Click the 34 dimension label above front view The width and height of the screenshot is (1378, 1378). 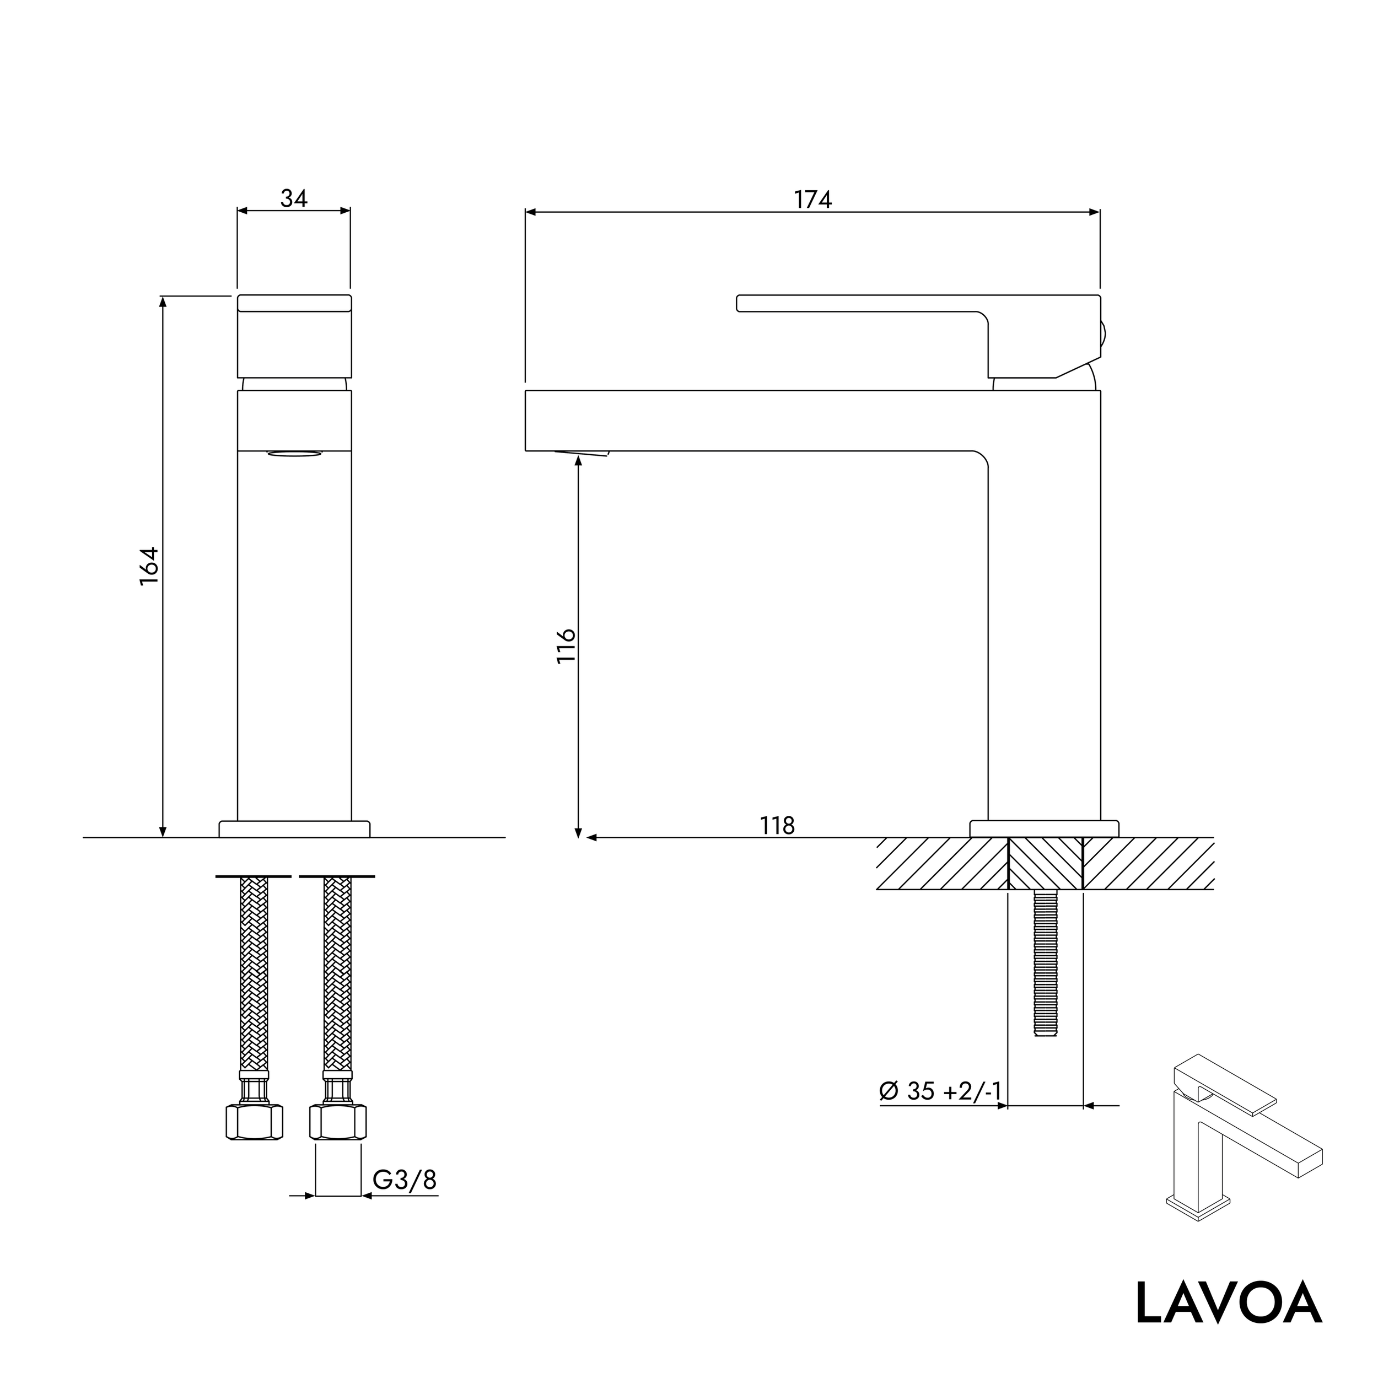click(x=294, y=198)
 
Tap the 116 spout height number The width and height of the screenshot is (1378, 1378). click(x=566, y=646)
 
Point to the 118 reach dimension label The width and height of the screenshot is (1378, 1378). click(x=777, y=826)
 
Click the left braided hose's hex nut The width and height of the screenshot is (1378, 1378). click(x=254, y=1122)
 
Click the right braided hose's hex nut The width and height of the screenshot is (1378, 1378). click(x=337, y=1122)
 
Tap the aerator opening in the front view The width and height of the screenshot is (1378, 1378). click(x=294, y=453)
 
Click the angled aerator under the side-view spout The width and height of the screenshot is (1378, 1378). click(x=582, y=453)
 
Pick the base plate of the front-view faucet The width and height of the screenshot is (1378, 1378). click(x=294, y=829)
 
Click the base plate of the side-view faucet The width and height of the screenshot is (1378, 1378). click(x=1044, y=829)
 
